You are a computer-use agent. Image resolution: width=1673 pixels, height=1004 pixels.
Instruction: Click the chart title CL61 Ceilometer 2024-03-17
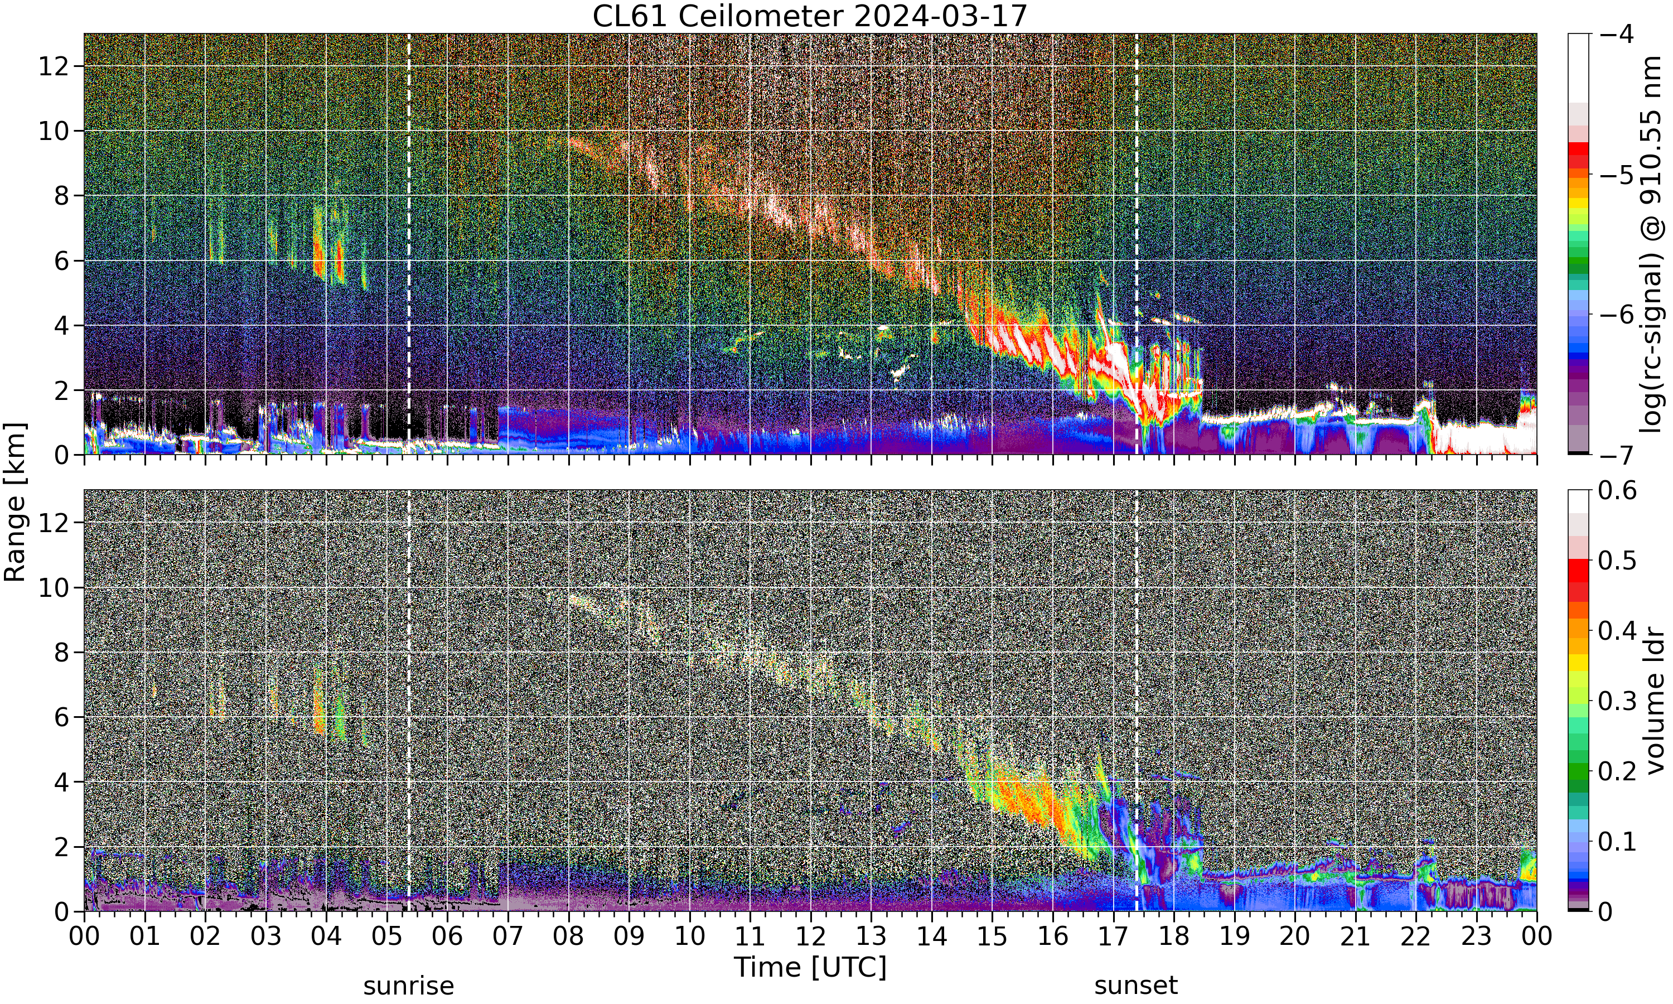(809, 16)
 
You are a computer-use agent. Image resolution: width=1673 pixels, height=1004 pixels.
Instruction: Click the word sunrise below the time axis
(408, 985)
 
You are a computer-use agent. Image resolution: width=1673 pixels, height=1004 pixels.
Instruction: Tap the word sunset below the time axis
(1136, 985)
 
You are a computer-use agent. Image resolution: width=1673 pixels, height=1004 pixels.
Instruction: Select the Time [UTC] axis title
(809, 968)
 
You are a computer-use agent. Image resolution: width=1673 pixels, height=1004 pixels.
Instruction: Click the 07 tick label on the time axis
(508, 937)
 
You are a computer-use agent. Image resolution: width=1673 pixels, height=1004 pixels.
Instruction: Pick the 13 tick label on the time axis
(871, 937)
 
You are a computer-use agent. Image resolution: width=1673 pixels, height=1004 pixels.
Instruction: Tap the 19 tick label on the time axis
(1234, 937)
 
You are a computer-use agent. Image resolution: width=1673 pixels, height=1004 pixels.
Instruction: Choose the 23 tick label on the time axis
(1476, 937)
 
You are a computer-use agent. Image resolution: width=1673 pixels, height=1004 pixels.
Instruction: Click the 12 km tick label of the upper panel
(54, 66)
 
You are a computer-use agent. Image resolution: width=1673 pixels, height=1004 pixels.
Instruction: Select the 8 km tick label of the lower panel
(61, 652)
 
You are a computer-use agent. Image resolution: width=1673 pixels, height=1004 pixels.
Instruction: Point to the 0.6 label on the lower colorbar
(1618, 490)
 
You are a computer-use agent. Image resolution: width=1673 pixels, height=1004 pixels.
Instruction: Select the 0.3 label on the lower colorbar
(1618, 701)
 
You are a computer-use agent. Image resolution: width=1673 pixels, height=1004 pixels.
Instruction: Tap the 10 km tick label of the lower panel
(54, 587)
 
